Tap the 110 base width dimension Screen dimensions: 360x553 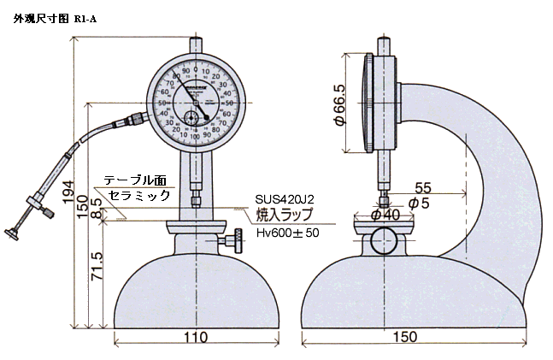pos(197,338)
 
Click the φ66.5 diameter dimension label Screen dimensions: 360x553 pos(339,104)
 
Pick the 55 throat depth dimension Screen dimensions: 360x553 pos(422,187)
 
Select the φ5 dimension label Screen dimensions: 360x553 pos(420,204)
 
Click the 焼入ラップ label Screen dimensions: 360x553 pos(285,215)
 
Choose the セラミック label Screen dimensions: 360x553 pos(138,195)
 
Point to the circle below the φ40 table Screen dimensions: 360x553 pos(383,243)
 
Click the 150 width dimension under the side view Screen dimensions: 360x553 pos(407,338)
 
